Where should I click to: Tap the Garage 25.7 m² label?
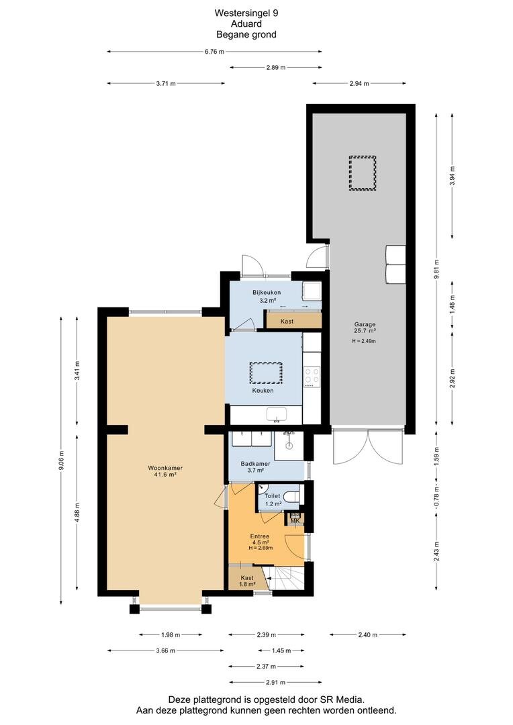(x=366, y=328)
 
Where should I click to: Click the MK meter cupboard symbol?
(x=295, y=519)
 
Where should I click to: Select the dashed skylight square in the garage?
(x=362, y=173)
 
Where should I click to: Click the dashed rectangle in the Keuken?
(x=266, y=373)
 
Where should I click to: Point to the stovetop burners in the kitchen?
(x=312, y=375)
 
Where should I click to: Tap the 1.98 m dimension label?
(x=171, y=634)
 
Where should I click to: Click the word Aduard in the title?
(x=246, y=23)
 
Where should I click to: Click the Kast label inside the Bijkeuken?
(x=287, y=321)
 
